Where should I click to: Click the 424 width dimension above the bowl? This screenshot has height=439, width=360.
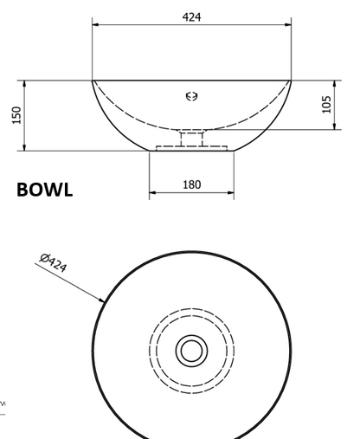[191, 17]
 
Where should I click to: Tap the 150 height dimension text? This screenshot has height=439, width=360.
[17, 115]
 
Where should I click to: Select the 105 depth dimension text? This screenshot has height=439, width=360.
[326, 105]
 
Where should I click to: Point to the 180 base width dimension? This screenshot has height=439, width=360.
[192, 184]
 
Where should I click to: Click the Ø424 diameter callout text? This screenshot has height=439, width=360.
[54, 262]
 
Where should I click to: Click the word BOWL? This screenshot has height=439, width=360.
[45, 190]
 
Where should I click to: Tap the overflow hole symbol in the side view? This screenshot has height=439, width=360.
[192, 96]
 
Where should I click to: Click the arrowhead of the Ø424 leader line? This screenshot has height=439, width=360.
[101, 300]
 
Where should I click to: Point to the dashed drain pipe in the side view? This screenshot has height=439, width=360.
[192, 139]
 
